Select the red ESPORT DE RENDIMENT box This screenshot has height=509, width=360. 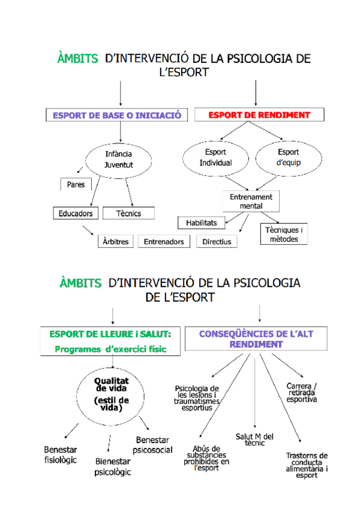coord(259,115)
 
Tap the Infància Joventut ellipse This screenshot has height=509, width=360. coord(119,159)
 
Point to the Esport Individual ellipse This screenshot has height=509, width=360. coord(215,157)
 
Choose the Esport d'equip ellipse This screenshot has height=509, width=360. coord(288,157)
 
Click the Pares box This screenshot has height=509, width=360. coord(76,184)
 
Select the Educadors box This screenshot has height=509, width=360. coord(76,213)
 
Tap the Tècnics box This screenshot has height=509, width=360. coord(128,213)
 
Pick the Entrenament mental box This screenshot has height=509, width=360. coord(251,201)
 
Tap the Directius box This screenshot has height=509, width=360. coord(217,241)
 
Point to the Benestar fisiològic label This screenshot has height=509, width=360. coord(60,454)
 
